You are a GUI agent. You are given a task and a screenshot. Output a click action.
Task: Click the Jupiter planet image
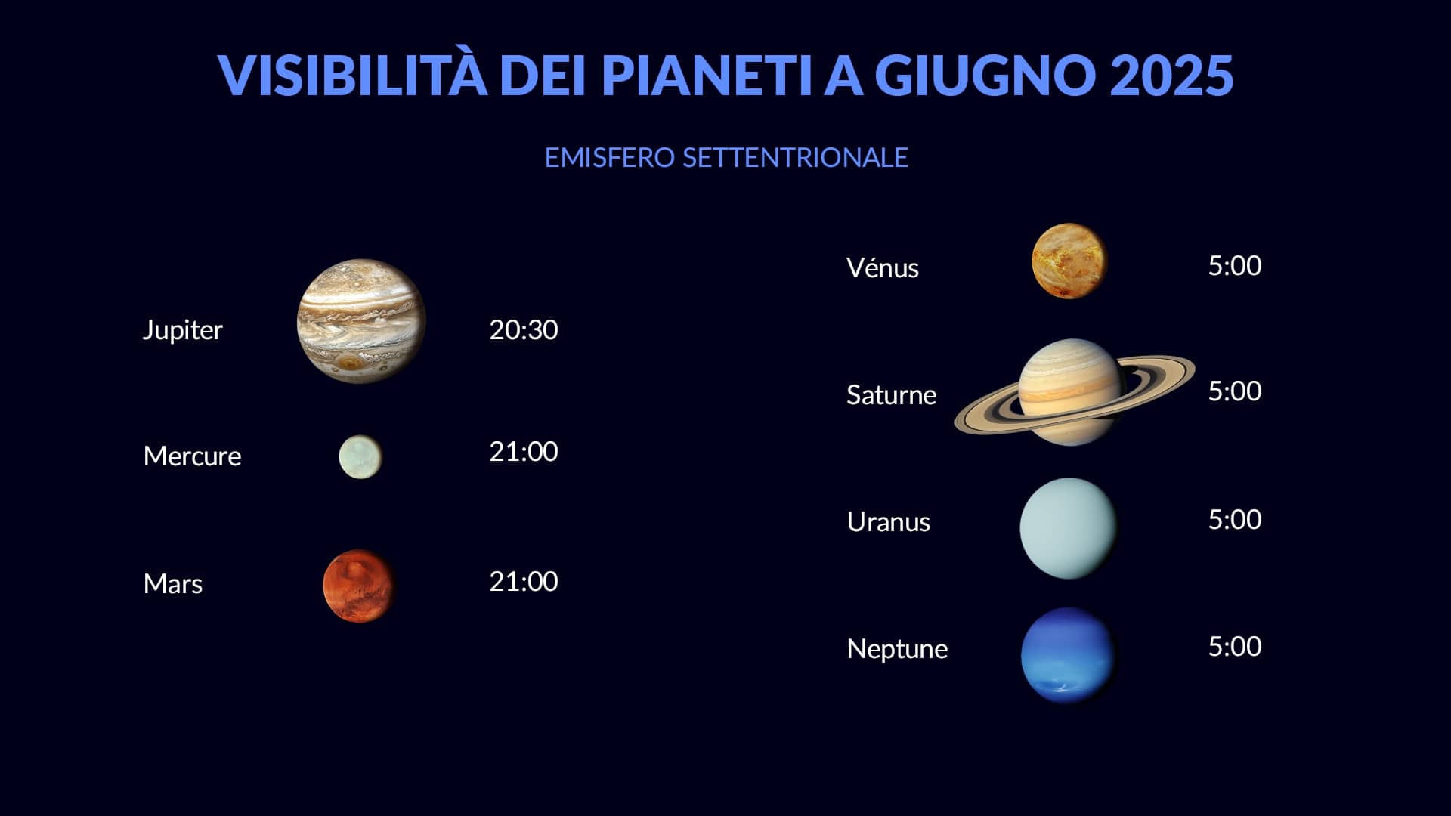361,321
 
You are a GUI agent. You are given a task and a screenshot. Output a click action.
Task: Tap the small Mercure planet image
360,456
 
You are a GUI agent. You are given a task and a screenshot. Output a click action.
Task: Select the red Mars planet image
359,586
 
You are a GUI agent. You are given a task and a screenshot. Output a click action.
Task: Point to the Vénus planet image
1069,261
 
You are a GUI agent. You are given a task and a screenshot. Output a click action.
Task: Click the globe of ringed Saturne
1071,391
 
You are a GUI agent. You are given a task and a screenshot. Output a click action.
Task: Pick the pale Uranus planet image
1069,528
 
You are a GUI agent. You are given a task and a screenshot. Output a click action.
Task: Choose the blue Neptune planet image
1069,655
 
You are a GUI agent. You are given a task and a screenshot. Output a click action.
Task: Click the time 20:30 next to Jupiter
523,329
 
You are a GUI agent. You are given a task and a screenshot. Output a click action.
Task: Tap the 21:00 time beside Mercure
523,451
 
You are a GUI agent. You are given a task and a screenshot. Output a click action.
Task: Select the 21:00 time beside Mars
523,581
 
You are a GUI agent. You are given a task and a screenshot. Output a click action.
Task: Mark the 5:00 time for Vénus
1235,265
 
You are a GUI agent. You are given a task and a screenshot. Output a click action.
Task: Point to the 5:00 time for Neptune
1235,646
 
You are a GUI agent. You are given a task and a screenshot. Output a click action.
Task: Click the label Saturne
891,394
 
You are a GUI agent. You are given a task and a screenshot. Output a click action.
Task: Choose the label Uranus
888,521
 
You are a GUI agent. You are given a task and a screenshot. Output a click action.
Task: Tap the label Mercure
192,456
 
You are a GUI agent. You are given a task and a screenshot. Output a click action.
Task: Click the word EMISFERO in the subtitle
609,157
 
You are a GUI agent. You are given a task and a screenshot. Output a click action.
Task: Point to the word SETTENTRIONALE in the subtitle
795,157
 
